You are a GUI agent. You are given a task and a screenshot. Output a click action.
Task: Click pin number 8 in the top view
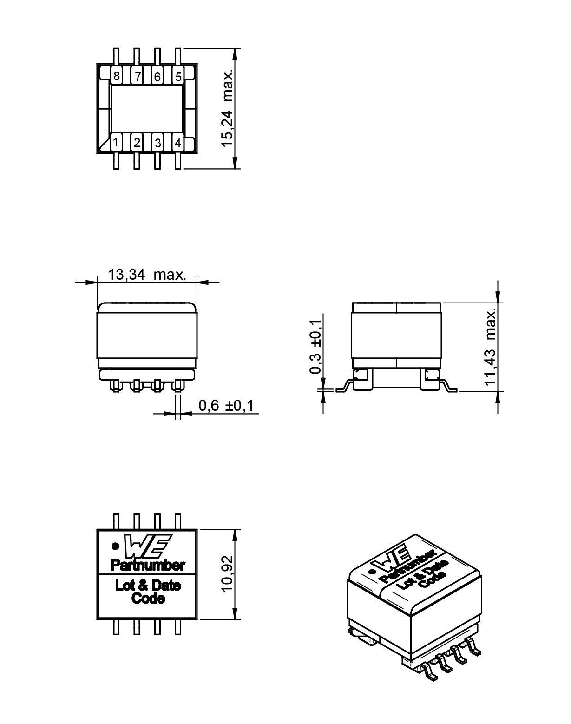[x=116, y=76]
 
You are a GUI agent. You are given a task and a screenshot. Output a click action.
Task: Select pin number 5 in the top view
[x=178, y=76]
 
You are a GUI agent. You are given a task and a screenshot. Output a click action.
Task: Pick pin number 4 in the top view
[x=177, y=143]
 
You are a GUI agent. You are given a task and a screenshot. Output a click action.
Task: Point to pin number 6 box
[x=157, y=76]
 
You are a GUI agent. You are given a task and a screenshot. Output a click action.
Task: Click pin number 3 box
[x=158, y=143]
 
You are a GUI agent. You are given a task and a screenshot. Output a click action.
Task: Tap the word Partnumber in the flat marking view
[x=147, y=565]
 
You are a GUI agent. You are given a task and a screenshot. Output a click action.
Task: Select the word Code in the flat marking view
[x=148, y=598]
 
